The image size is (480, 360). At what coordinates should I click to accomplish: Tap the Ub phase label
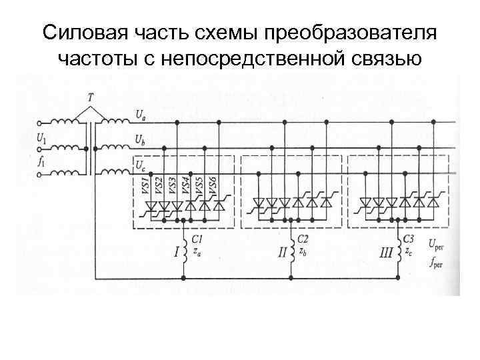click(x=141, y=141)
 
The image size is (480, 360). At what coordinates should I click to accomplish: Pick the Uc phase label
click(x=140, y=164)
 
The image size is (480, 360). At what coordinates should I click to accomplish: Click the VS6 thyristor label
click(x=213, y=185)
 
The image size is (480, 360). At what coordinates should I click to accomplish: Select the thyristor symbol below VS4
click(x=191, y=206)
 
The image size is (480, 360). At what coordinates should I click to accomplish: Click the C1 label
click(x=197, y=238)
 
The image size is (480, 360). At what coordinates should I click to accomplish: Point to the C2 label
click(x=303, y=238)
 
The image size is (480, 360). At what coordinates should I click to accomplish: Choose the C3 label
click(x=409, y=238)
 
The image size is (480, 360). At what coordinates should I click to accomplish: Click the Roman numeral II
click(x=283, y=252)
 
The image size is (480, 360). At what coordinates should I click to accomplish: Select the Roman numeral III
click(x=386, y=252)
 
